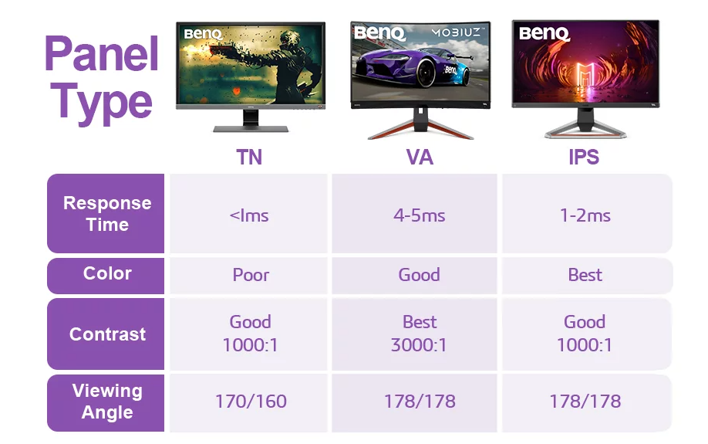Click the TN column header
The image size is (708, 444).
249,158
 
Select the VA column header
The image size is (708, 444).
420,158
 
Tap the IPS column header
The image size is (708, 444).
584,158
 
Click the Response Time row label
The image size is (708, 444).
107,213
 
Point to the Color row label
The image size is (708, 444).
107,273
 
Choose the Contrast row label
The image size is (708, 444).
107,334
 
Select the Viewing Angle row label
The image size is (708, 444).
107,402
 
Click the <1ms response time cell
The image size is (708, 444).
249,215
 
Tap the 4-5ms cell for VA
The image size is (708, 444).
419,215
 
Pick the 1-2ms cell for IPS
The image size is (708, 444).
585,215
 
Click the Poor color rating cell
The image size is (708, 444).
251,275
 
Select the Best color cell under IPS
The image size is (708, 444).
585,275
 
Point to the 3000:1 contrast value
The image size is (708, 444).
419,345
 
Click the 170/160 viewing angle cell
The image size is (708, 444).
251,401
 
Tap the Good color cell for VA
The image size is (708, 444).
419,275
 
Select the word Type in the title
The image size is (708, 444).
101,103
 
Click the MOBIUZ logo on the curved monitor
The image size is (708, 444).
458,32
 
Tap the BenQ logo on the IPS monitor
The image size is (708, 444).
544,33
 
